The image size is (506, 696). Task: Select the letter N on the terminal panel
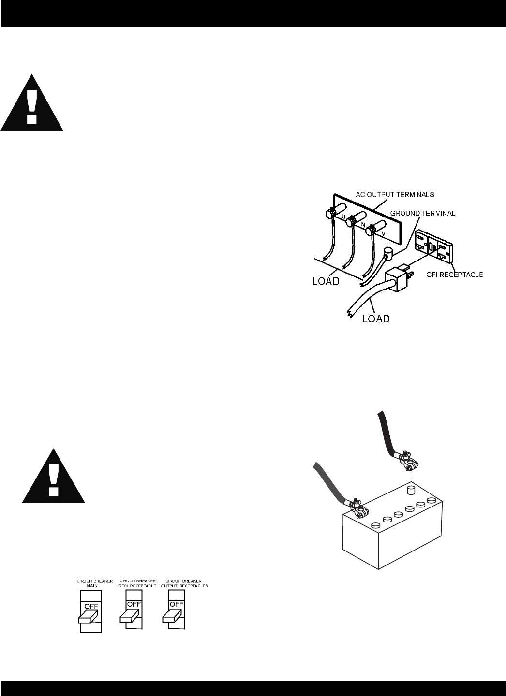pos(362,225)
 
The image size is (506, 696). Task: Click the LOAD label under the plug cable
pos(376,318)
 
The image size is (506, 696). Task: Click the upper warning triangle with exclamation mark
pos(32,102)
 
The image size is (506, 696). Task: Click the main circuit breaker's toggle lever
pos(87,615)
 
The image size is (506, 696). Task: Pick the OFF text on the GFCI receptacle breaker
pos(134,604)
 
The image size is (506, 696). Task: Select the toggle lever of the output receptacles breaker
pos(173,615)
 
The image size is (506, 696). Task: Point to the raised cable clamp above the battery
pos(407,460)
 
